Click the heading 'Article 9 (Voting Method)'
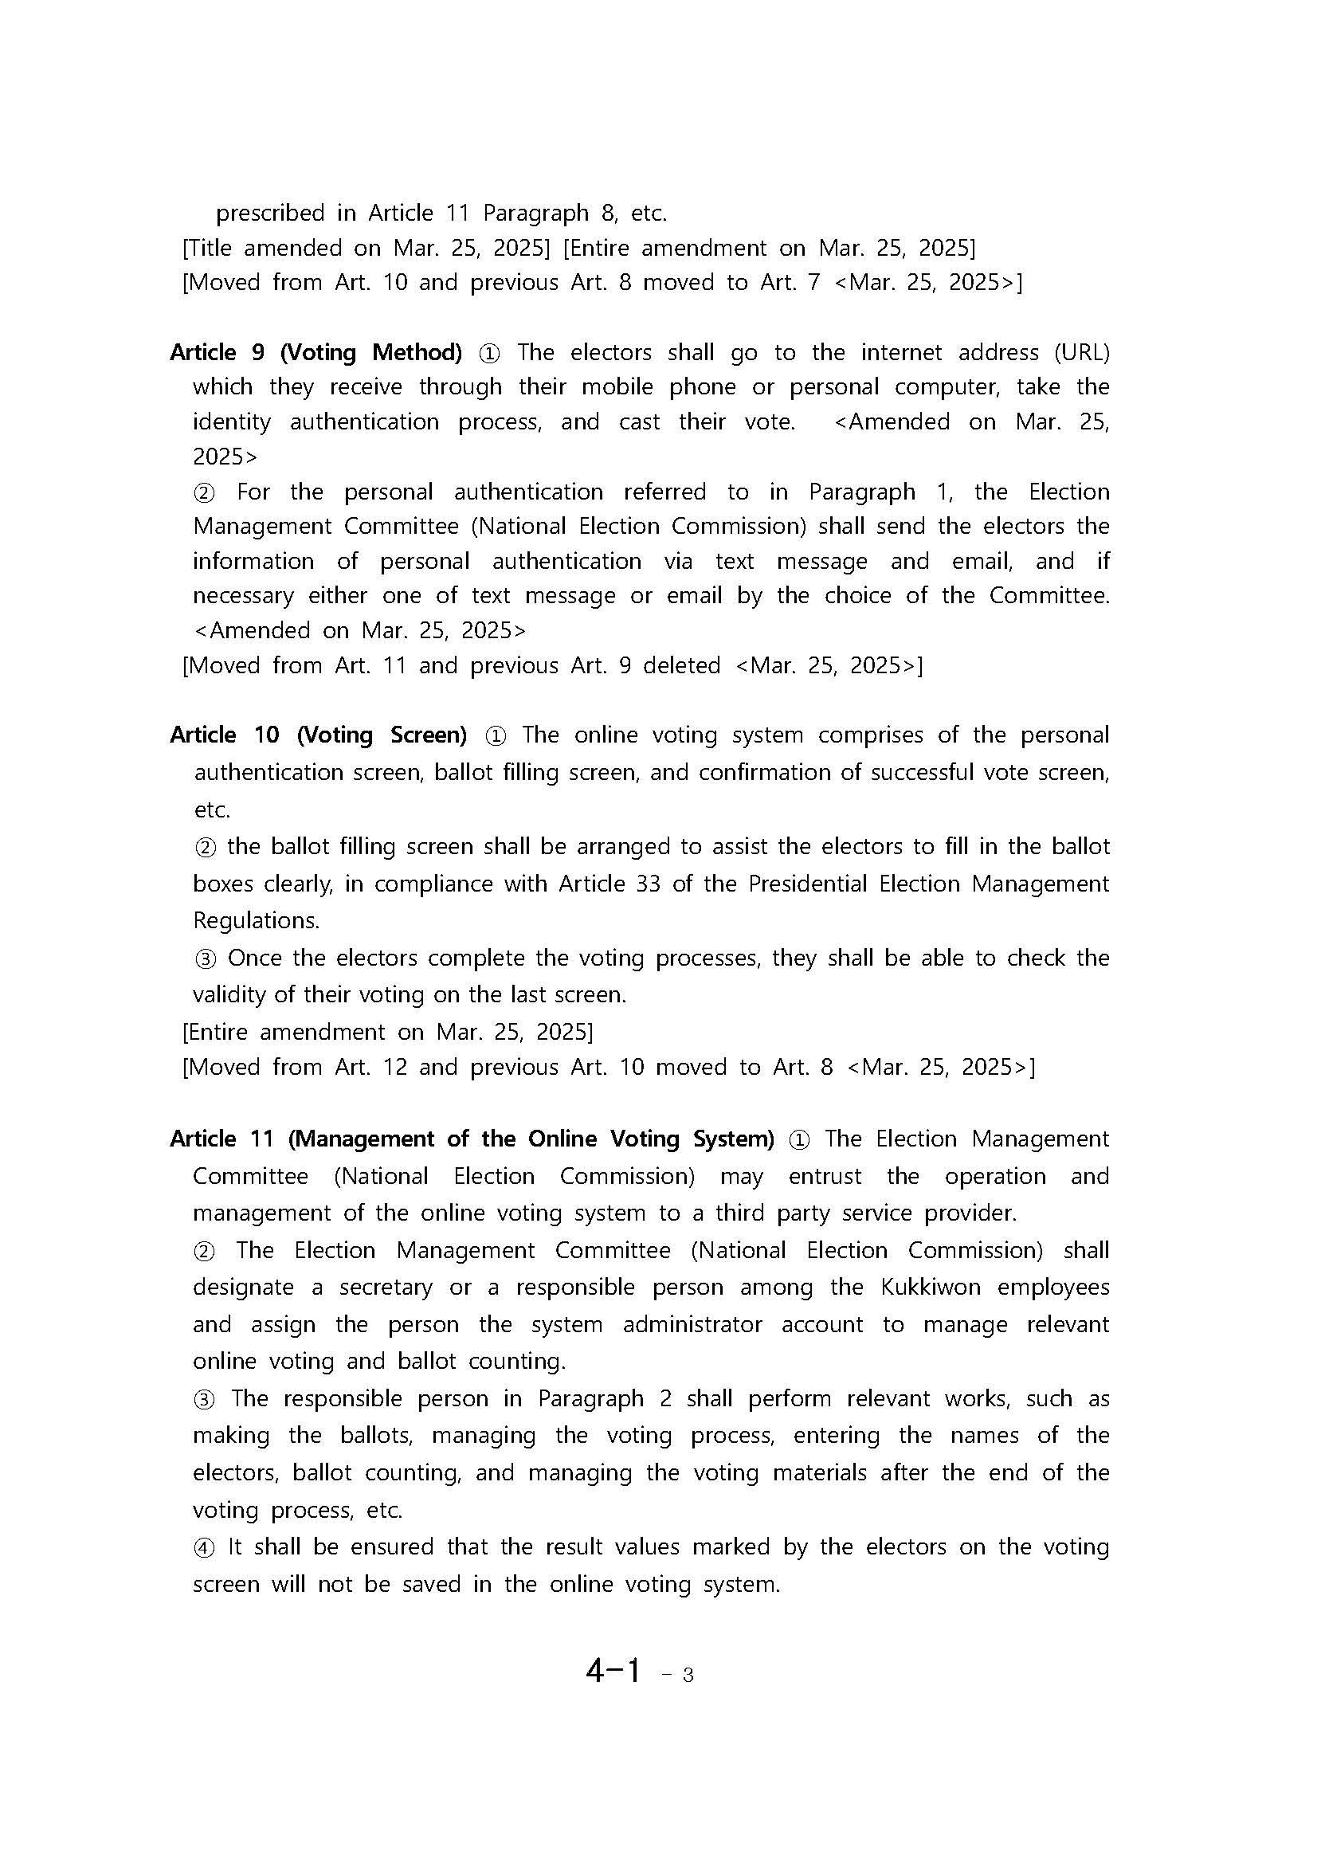[316, 353]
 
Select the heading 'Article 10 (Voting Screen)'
[318, 735]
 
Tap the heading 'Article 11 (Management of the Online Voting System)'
[471, 1139]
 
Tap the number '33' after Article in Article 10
[647, 884]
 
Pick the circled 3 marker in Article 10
[206, 958]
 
